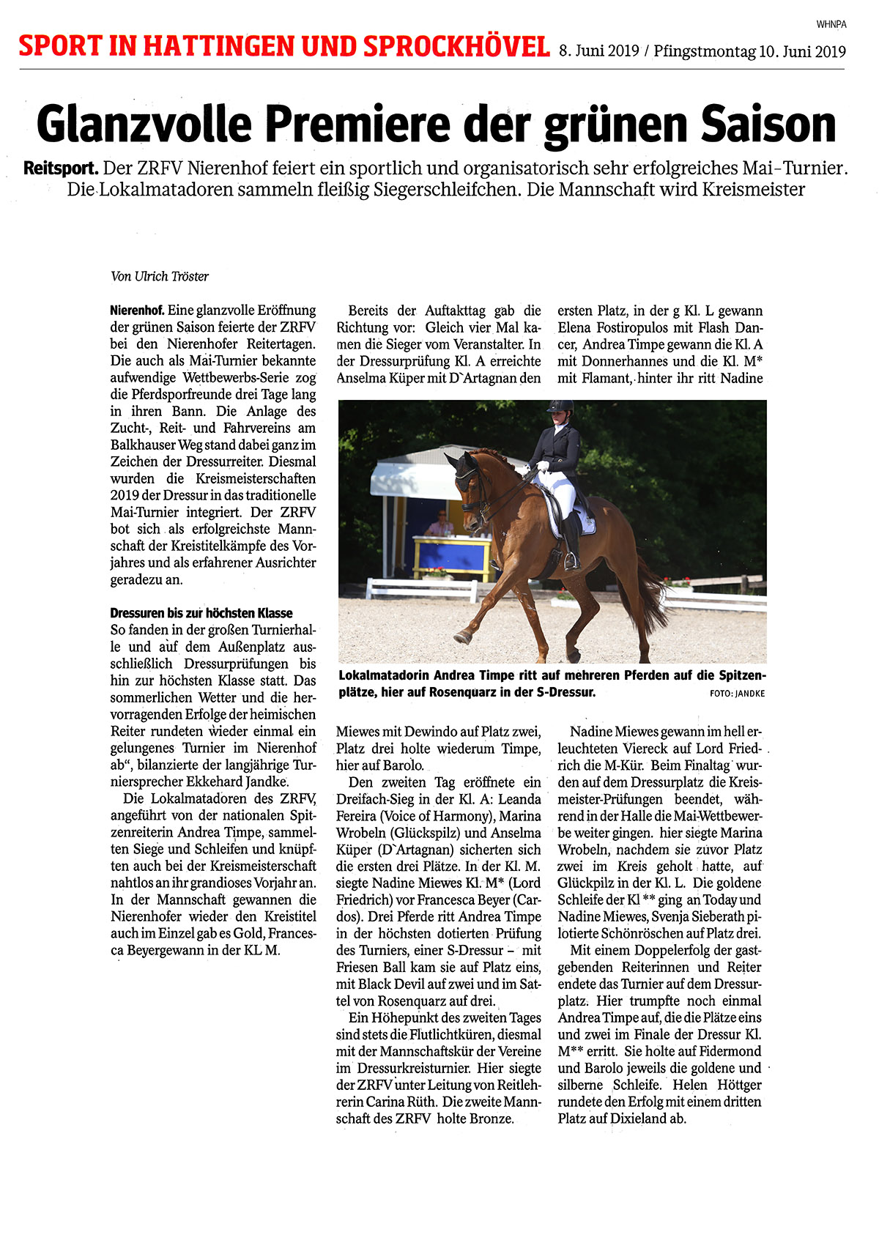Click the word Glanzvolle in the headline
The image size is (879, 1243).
[144, 124]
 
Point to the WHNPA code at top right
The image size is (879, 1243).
[831, 24]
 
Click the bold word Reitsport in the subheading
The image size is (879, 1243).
[61, 168]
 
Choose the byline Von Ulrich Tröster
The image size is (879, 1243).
[160, 276]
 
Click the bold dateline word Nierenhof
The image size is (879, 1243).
[137, 311]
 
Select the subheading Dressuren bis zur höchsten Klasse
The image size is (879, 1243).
[201, 613]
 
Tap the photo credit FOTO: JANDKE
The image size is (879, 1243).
[737, 693]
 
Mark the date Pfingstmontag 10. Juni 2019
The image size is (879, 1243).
[749, 51]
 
